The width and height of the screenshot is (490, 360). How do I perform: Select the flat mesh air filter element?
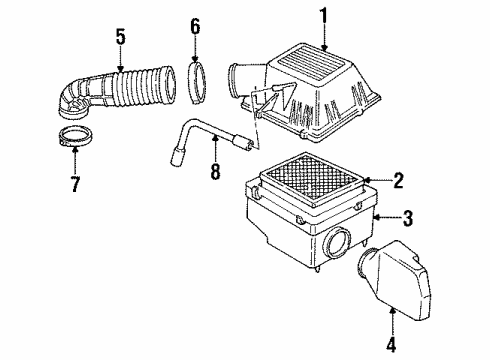(309, 174)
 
